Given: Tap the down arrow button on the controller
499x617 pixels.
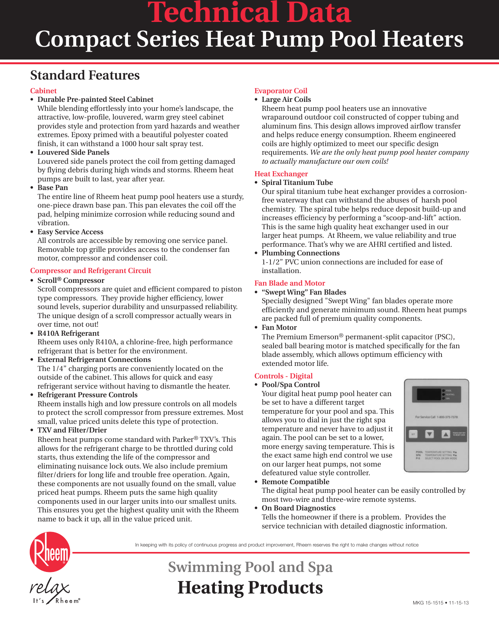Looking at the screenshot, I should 429,434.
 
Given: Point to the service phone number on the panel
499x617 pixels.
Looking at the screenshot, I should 436,417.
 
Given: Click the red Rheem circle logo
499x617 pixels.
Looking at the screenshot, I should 50,552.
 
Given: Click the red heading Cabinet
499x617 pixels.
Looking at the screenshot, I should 43,91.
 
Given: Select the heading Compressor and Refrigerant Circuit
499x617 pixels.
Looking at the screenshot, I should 90,271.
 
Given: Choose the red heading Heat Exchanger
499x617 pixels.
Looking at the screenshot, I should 281,174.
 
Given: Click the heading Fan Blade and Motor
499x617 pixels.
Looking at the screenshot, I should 290,283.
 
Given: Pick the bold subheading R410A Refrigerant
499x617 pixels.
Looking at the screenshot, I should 68,333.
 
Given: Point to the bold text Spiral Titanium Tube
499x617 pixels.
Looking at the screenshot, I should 297,183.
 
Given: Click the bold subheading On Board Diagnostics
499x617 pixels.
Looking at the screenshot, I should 298,508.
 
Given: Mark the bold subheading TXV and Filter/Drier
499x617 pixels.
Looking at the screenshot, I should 72,430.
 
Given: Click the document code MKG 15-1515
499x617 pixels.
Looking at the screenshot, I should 428,603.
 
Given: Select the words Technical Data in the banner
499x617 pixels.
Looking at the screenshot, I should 249,13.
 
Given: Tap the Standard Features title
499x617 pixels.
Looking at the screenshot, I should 85,75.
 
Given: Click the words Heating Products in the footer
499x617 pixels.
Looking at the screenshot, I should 250,588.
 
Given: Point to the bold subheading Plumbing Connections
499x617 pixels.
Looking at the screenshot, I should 300,253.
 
